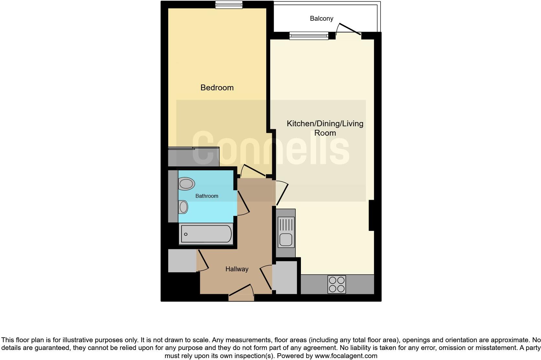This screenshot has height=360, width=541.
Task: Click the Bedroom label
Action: (x=217, y=87)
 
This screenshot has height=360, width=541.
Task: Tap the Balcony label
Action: (x=321, y=18)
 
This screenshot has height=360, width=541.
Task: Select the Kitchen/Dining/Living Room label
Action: (x=325, y=128)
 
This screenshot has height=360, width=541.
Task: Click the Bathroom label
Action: (x=206, y=196)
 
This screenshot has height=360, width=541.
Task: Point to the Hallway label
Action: (x=237, y=269)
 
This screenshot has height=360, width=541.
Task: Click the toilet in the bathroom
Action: (x=186, y=184)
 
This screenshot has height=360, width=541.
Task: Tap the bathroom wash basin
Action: (x=183, y=207)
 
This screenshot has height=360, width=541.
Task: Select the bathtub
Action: (x=206, y=234)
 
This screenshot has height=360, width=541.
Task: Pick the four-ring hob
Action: (x=337, y=284)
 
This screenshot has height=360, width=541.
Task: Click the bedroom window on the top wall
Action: (x=229, y=5)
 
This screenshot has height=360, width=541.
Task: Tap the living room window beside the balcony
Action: (x=309, y=35)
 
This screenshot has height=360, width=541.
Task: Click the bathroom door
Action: (x=243, y=203)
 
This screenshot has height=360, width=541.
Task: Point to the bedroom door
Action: (x=254, y=170)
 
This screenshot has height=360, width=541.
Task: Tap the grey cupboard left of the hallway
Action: (x=182, y=261)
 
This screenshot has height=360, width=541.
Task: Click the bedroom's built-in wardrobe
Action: (x=193, y=157)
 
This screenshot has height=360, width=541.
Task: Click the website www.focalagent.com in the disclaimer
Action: (x=346, y=356)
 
